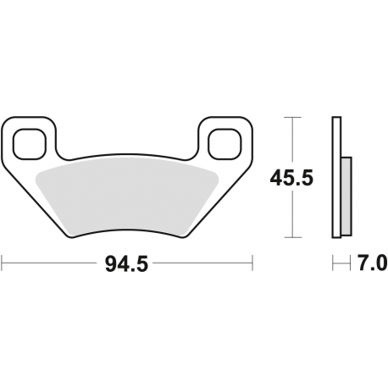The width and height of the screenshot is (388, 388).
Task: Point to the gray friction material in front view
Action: (127, 194)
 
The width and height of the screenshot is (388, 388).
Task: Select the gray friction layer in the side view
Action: (346, 197)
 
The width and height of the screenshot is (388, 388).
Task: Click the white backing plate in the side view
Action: (335, 178)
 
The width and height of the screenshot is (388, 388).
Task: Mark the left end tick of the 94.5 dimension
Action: (2, 264)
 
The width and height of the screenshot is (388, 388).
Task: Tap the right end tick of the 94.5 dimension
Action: (252, 264)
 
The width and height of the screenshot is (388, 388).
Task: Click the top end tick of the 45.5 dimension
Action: (293, 116)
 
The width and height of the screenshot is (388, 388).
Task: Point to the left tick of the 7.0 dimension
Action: (332, 264)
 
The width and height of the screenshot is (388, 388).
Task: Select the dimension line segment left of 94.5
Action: (51, 264)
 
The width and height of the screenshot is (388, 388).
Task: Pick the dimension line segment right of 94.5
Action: (203, 264)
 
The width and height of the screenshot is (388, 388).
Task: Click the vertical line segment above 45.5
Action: (293, 140)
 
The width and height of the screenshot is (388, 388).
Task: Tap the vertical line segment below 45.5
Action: (293, 216)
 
